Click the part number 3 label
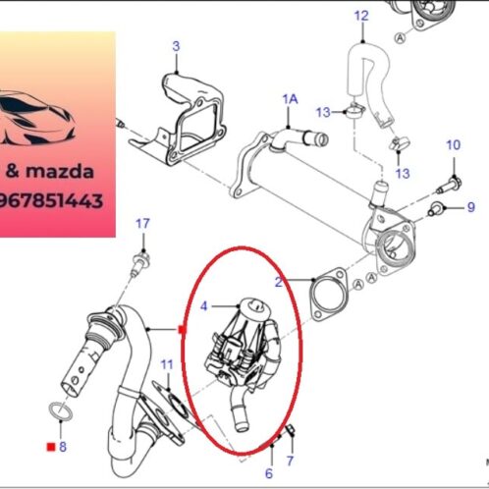(x=176, y=46)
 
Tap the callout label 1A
(x=290, y=99)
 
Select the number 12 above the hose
(x=360, y=16)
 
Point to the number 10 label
(x=453, y=145)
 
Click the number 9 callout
(x=469, y=206)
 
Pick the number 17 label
(x=142, y=224)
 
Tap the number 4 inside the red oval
(x=203, y=306)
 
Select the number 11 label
(x=167, y=365)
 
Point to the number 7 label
(x=290, y=460)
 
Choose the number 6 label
(x=268, y=472)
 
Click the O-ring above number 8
(x=61, y=412)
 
